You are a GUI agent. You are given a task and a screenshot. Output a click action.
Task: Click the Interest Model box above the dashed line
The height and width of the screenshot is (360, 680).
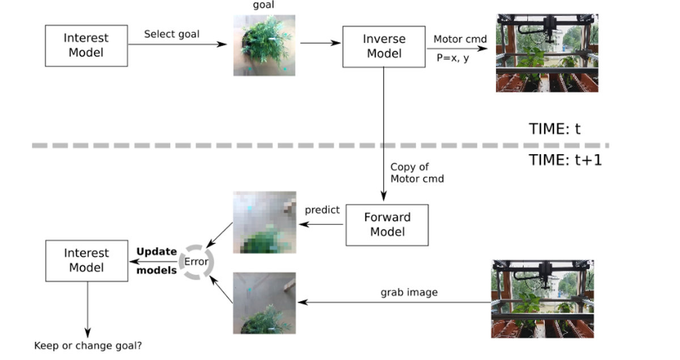[x=86, y=45]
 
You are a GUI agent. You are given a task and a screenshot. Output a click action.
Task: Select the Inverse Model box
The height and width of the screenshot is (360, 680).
[x=384, y=46]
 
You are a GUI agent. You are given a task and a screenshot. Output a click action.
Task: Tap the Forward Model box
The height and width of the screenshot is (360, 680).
[x=387, y=225]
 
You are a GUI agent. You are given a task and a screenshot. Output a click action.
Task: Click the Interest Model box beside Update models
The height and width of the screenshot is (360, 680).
[x=86, y=260]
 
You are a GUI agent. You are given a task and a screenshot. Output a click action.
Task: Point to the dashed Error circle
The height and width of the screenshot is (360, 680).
[x=196, y=262]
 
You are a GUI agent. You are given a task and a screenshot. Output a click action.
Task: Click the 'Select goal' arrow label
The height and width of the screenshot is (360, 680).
[x=171, y=34]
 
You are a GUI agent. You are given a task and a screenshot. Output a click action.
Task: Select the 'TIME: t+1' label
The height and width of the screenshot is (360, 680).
[x=565, y=160]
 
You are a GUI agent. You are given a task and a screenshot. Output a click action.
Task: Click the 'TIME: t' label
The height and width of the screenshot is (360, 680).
[x=555, y=129]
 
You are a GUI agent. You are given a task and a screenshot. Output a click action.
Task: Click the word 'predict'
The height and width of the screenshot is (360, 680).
[x=322, y=210]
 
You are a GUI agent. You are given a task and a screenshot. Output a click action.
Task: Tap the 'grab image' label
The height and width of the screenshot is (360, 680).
[x=409, y=293]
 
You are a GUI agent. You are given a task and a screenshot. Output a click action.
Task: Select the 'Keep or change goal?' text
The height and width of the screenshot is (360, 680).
[x=87, y=345]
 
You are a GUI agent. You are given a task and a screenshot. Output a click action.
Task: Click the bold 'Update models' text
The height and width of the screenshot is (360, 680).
[x=157, y=261]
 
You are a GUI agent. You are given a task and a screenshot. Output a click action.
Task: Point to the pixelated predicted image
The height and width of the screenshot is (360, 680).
[x=264, y=222]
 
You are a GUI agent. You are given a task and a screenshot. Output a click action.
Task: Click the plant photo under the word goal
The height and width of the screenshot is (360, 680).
[x=264, y=45]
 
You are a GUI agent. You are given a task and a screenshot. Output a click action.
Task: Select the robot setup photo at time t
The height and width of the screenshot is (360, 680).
[x=547, y=53]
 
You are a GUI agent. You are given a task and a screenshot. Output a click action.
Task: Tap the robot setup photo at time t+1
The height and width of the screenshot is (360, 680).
[x=542, y=299]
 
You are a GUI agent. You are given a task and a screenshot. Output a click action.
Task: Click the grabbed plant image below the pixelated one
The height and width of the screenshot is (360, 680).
[x=264, y=303]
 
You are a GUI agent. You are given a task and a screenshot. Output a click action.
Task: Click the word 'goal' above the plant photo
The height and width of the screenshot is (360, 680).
[x=263, y=5]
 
